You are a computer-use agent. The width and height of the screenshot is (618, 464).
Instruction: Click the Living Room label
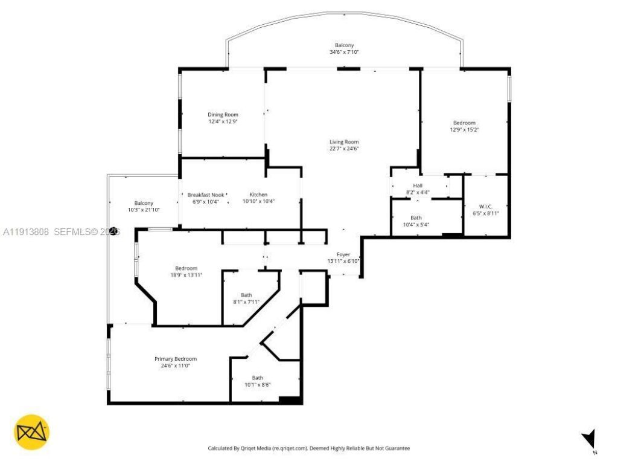click(x=344, y=142)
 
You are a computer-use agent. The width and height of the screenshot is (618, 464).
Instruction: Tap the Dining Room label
click(x=223, y=115)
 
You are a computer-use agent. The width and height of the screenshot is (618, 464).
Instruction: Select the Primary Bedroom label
click(x=175, y=359)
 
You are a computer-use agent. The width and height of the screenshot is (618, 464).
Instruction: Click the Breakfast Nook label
click(x=205, y=195)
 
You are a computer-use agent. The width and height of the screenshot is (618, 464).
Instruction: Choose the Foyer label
click(x=343, y=254)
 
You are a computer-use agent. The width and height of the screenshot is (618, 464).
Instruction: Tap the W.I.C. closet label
click(x=486, y=206)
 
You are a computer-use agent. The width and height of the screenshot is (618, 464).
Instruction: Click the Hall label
click(x=418, y=185)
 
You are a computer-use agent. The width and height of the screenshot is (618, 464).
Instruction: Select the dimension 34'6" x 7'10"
click(x=345, y=53)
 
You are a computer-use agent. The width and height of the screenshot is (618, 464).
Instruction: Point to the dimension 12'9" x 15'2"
click(x=464, y=129)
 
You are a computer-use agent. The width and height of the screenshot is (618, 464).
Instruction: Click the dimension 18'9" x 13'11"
click(x=186, y=275)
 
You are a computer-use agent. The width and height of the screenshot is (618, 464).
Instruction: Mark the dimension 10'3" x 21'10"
click(x=144, y=210)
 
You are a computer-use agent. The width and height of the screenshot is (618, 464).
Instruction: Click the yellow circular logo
click(x=31, y=432)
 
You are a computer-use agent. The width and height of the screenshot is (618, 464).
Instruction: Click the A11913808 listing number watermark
click(x=25, y=231)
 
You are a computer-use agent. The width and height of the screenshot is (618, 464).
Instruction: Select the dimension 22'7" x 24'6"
click(x=344, y=149)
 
